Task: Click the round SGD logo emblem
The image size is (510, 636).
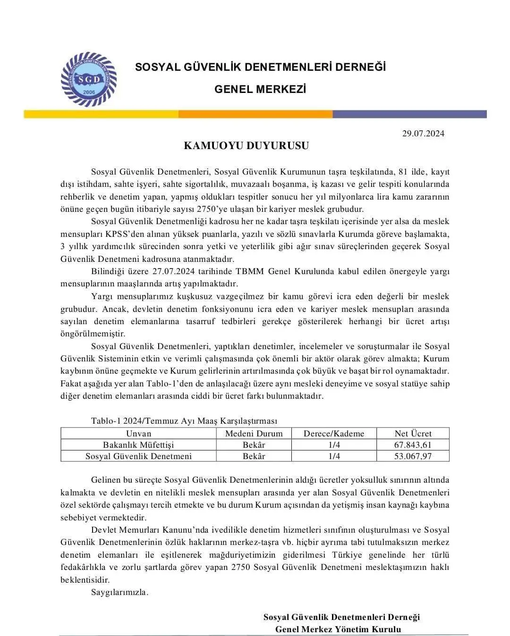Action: click(x=89, y=79)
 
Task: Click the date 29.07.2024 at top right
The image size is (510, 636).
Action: click(x=423, y=134)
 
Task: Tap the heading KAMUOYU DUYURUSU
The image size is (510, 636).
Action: click(x=246, y=146)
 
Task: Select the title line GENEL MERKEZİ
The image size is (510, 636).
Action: click(x=260, y=89)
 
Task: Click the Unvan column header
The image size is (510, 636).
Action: click(x=139, y=434)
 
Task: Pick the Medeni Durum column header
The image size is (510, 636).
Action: click(x=254, y=434)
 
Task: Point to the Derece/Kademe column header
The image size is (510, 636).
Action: click(x=334, y=434)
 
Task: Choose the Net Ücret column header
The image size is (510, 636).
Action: click(x=413, y=434)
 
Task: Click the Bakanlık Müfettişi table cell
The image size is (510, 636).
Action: click(x=139, y=445)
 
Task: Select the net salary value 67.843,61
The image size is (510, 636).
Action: click(x=413, y=445)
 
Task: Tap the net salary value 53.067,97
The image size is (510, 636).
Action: click(x=413, y=456)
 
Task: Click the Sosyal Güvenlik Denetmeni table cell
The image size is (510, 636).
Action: click(x=139, y=456)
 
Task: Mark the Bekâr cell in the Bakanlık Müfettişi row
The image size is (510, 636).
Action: click(x=254, y=445)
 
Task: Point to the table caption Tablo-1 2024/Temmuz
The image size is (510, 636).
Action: click(x=184, y=421)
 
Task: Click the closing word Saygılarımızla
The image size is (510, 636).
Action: click(x=119, y=592)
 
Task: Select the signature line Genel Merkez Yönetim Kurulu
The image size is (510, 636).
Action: click(x=338, y=629)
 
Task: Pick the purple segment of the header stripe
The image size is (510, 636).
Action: click(x=409, y=114)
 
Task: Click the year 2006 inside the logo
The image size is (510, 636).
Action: click(x=88, y=91)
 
